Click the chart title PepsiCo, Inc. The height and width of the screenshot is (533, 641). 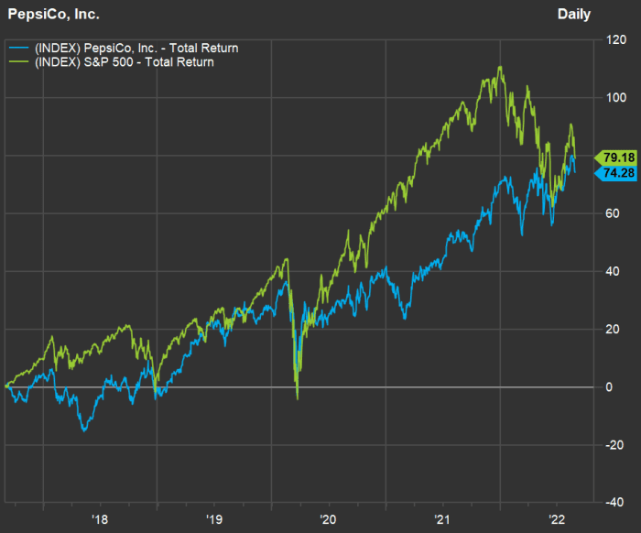point(54,14)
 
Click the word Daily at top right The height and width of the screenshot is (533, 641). point(574,14)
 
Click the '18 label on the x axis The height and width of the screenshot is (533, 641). point(100,518)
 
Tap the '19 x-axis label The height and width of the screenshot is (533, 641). point(214,518)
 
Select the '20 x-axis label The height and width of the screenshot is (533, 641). point(329,518)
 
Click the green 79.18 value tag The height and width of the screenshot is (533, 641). point(612,157)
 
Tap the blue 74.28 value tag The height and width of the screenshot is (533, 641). point(612,171)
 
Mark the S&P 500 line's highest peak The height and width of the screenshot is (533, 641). point(499,67)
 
